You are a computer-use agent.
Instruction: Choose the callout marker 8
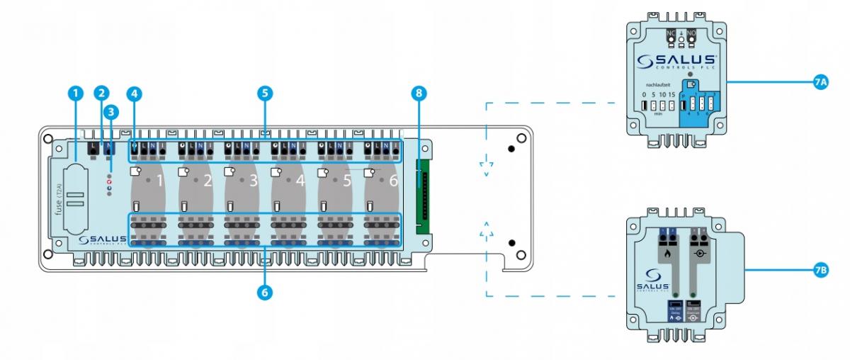[421, 94]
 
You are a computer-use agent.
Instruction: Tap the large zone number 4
[300, 181]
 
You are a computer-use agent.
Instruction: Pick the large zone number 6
[394, 181]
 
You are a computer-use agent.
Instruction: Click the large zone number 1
[160, 181]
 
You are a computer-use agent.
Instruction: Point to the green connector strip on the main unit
[424, 191]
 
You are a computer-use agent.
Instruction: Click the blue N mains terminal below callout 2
[109, 147]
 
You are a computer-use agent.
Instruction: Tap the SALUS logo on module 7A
[676, 61]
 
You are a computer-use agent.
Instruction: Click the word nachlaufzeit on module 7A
[655, 84]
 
